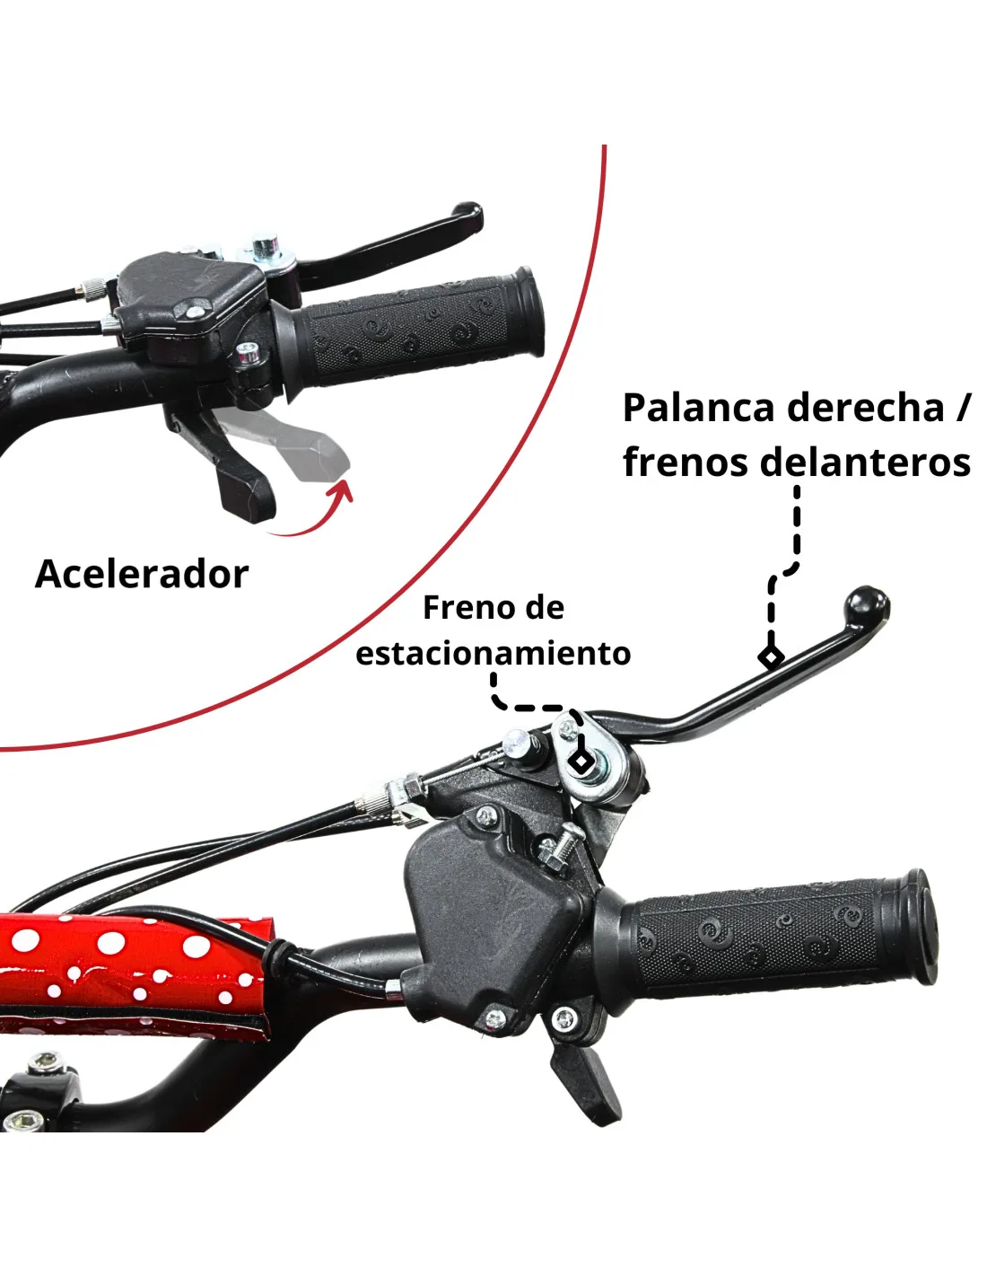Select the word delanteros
[865, 462]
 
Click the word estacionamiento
[493, 653]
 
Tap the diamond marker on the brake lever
[771, 656]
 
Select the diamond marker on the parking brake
[581, 761]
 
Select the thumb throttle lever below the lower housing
[585, 1080]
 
